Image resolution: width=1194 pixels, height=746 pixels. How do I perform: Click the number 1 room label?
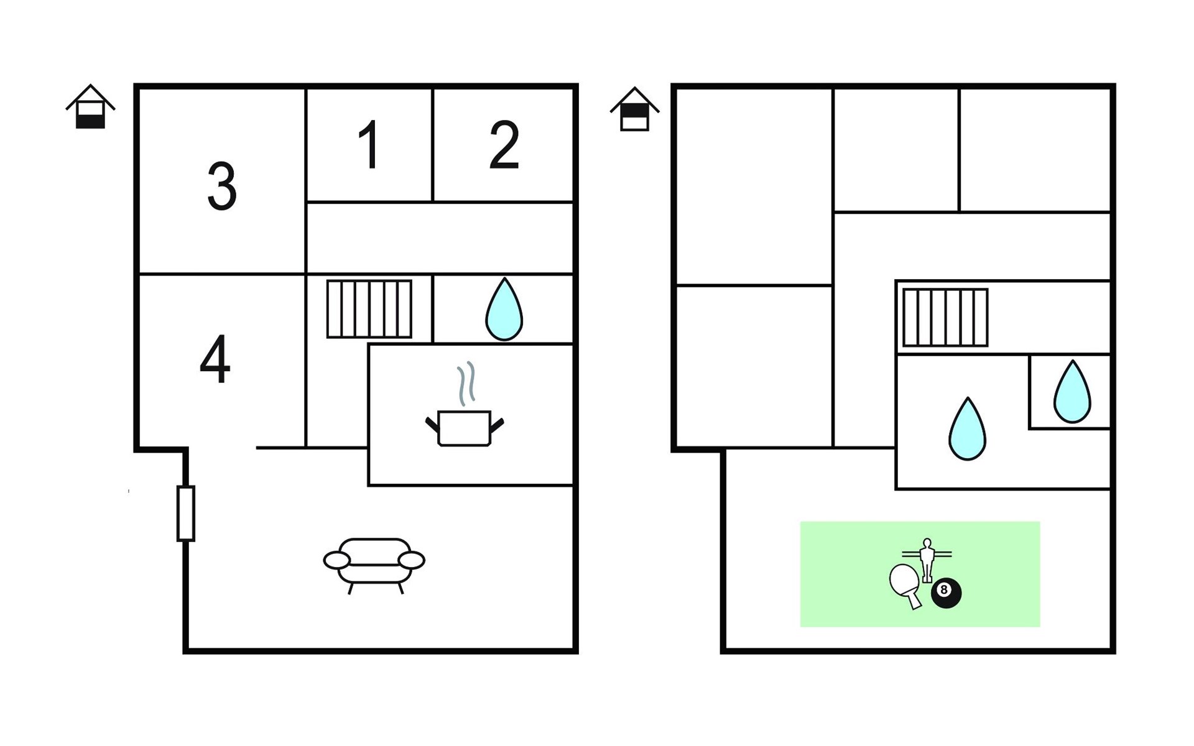coord(371,144)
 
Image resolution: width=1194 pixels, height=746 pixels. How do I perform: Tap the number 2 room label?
coord(504,144)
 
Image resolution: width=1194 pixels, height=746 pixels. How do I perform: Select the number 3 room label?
coord(222,186)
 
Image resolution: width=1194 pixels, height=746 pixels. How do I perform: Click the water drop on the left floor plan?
coord(504,309)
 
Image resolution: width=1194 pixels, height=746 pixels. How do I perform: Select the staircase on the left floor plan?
coord(369,309)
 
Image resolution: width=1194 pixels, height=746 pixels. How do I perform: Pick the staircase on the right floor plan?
coord(945,317)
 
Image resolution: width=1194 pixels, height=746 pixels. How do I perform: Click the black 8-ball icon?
coord(946,593)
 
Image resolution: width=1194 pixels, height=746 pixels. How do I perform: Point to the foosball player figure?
coord(927,559)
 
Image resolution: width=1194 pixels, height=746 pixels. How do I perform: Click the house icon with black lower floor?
coord(91,107)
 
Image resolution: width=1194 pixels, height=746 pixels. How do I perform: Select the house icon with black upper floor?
coord(635,109)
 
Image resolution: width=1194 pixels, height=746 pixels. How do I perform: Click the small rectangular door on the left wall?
coord(186,513)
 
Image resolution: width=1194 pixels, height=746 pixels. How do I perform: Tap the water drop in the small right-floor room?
coord(1072,392)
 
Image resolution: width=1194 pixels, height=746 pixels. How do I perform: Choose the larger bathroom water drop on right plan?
coord(967,428)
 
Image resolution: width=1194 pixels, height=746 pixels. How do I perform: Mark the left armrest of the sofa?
coord(337,560)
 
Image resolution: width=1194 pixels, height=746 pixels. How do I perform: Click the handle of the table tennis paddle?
coord(914,601)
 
